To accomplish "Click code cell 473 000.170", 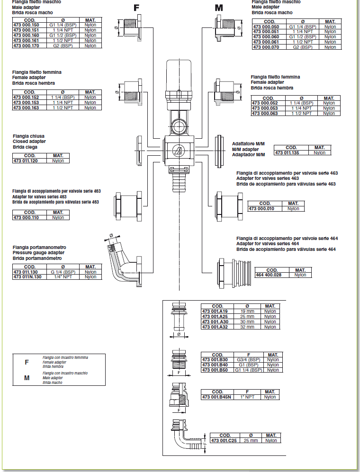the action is pos(26,46).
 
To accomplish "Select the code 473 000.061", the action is pos(266,42).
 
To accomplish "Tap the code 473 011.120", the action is pos(26,161).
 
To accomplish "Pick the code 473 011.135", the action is pos(287,152).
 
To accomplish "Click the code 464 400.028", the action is pos(269,275).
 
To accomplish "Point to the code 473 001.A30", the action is pos(215,322).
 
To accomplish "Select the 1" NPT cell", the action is pos(247,397).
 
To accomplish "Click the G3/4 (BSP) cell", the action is pos(249,360).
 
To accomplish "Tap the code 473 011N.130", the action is pos(27,277).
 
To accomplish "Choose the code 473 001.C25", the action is pos(224,440).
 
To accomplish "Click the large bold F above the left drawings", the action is pos(136,8).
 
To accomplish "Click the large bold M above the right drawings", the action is pos(219,8).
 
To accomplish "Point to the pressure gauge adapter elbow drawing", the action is pos(124,261).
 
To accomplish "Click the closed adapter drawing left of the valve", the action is pos(139,151).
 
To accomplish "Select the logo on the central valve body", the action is pos(178,151).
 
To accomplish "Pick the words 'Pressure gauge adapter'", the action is pos(38,253).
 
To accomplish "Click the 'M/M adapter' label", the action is pos(245,149).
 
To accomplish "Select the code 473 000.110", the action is pos(26,218).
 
